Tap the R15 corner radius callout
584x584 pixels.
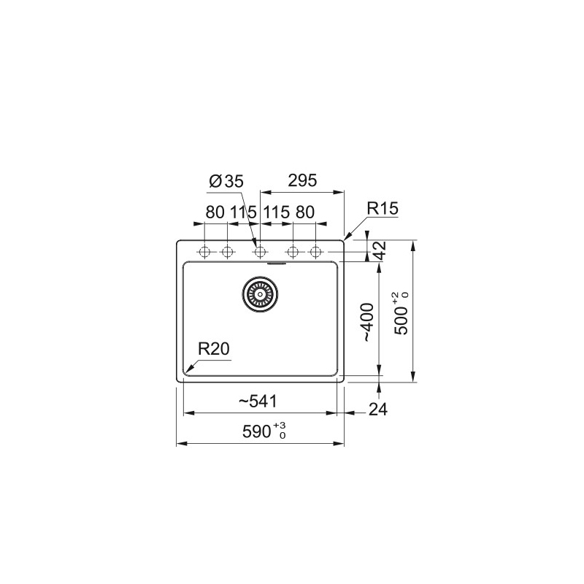(x=381, y=209)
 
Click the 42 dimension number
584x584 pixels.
(x=379, y=250)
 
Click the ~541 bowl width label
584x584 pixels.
(x=257, y=401)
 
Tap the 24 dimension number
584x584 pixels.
(x=377, y=410)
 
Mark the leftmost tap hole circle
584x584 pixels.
(x=204, y=253)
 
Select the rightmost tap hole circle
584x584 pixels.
(x=315, y=253)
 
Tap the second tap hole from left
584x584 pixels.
(x=226, y=253)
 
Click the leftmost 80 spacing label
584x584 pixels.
(x=215, y=212)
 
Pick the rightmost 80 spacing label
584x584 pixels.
(x=304, y=212)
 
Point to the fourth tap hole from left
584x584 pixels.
(x=293, y=253)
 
